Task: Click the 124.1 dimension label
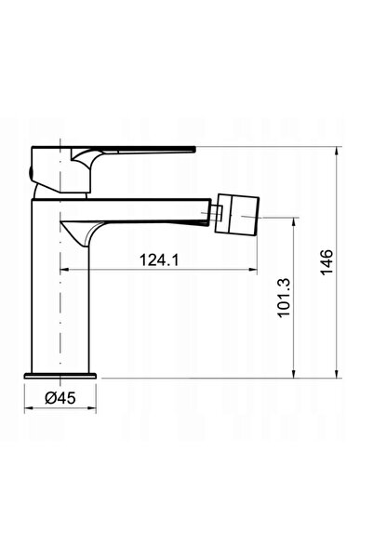(x=159, y=260)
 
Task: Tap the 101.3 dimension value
(x=285, y=298)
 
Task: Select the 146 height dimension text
(x=327, y=262)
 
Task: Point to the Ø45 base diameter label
(x=60, y=398)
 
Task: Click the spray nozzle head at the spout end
(x=237, y=214)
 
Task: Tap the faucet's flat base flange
(x=60, y=376)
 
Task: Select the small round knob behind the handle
(x=30, y=174)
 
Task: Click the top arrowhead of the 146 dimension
(x=337, y=152)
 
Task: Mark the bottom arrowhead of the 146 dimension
(x=337, y=373)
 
